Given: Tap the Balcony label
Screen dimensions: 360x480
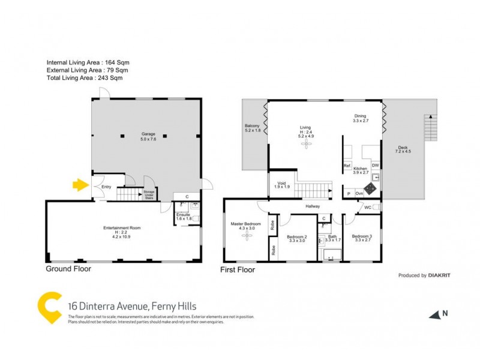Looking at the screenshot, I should point(253,127).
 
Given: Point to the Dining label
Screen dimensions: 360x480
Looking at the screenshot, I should point(359,118).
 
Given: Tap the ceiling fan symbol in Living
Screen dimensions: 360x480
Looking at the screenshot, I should point(307,145).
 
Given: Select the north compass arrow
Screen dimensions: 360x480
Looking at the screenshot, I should point(435,314).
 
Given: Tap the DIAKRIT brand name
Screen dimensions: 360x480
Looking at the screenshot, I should point(439,275).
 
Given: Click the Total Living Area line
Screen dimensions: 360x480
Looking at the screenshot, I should point(84,78).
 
